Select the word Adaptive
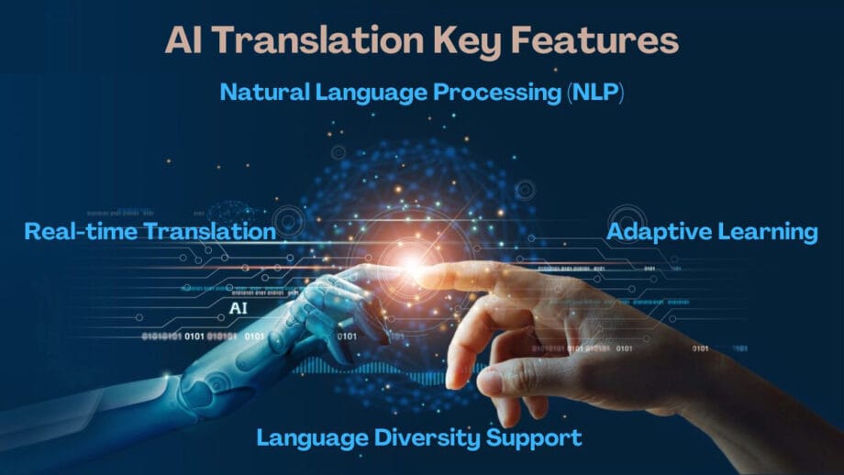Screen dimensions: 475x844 (655, 231)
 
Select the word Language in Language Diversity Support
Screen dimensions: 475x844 (308, 437)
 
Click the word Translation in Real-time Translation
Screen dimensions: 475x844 (209, 231)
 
